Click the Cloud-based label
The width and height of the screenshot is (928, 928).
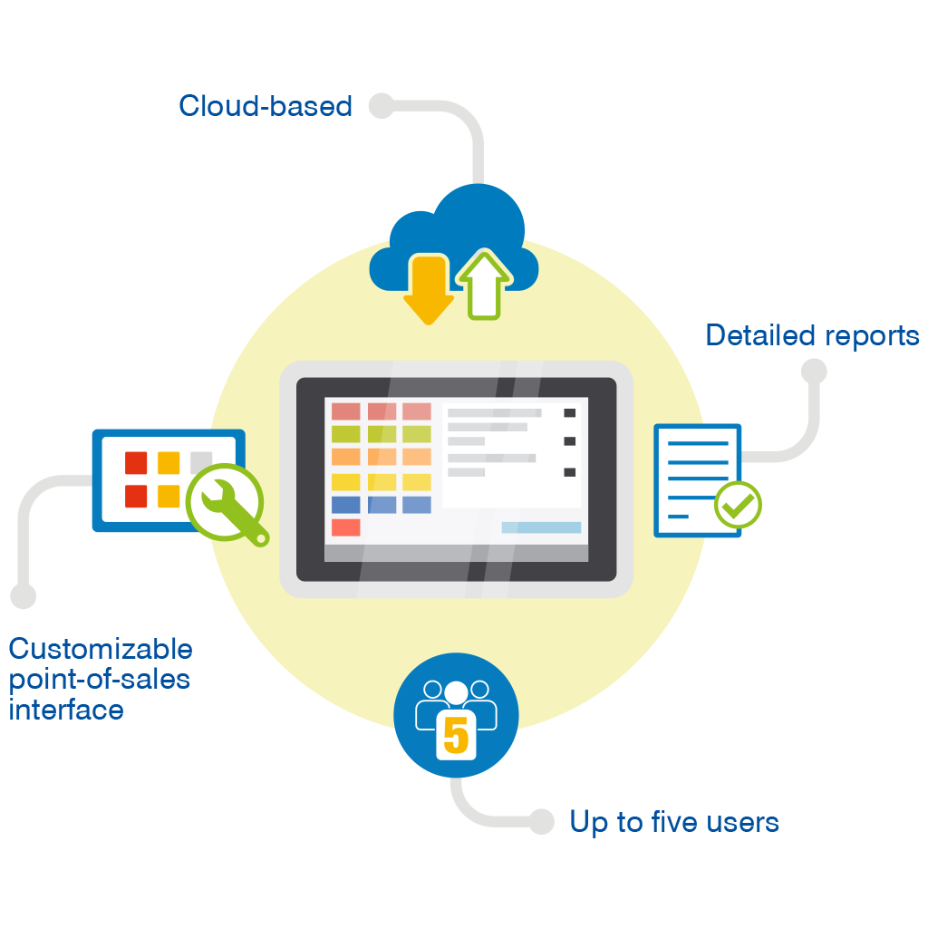pos(265,106)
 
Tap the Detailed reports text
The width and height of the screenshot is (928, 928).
pos(812,335)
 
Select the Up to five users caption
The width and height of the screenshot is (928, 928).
pos(673,822)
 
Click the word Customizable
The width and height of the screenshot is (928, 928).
pos(101,649)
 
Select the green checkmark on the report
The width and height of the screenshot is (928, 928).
pos(739,506)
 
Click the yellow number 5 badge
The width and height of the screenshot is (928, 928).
pos(456,735)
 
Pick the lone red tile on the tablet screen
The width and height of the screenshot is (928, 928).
pos(345,527)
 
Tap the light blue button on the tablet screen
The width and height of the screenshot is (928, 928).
pos(541,527)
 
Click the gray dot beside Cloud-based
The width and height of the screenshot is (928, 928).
pos(382,105)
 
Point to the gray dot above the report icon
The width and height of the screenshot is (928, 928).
pos(814,371)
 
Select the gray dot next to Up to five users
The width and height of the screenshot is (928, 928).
pos(541,821)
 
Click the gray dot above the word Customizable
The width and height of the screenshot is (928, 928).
pos(23,595)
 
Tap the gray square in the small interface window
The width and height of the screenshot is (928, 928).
pos(201,461)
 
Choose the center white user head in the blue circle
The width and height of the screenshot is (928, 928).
pos(456,692)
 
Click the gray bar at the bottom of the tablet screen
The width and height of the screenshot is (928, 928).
pos(456,553)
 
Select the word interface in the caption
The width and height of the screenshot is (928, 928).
pos(66,709)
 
